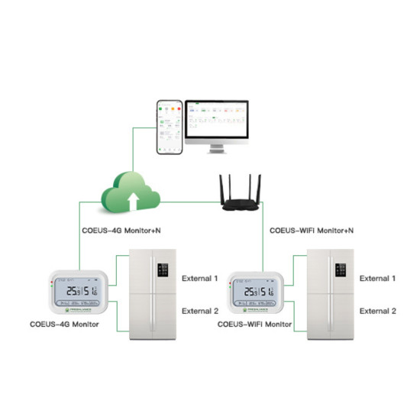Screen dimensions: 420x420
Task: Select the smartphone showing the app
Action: tap(169, 126)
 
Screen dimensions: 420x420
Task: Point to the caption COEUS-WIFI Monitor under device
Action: tap(254, 325)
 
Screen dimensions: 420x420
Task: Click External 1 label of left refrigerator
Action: tap(200, 278)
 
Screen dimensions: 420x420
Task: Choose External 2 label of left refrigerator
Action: tap(200, 311)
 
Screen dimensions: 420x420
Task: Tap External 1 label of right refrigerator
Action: tap(378, 278)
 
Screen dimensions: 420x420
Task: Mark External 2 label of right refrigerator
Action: tap(378, 311)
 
